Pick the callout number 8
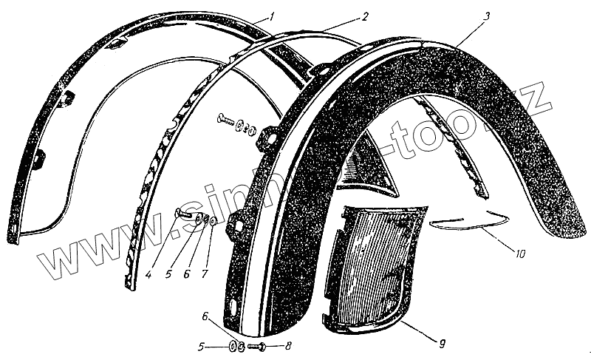pyautogui.click(x=287, y=346)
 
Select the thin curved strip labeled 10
pyautogui.click(x=465, y=221)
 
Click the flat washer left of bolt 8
pyautogui.click(x=233, y=347)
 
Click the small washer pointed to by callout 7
pyautogui.click(x=213, y=221)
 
